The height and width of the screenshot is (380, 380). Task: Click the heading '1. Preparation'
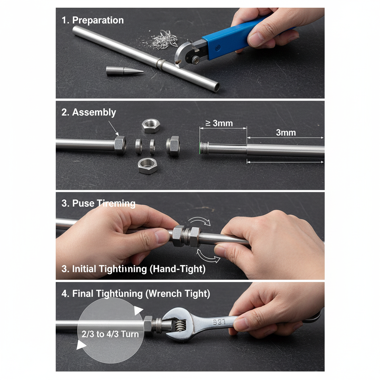(x=92, y=20)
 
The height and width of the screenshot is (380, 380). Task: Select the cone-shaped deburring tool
(x=124, y=71)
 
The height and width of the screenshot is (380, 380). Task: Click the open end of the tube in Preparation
(x=216, y=88)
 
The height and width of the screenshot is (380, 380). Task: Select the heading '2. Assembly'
(x=89, y=112)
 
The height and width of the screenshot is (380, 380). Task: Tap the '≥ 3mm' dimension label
(x=219, y=123)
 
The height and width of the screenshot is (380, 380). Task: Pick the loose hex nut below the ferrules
(x=148, y=166)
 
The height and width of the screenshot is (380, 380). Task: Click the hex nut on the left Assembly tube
(x=120, y=145)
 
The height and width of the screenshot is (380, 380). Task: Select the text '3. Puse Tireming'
(x=98, y=203)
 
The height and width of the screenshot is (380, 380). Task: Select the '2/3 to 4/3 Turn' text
(x=110, y=334)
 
